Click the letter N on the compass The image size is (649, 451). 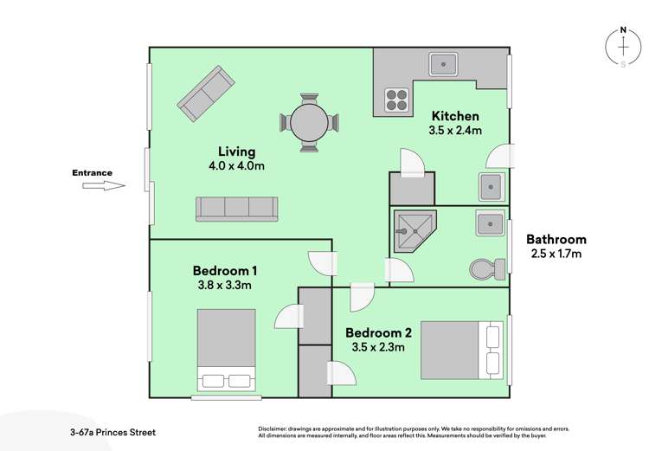click(x=622, y=32)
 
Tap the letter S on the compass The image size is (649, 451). click(x=622, y=63)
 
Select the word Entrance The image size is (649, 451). click(x=92, y=173)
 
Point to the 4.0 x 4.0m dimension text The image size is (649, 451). click(x=236, y=166)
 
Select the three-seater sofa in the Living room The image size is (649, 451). click(x=236, y=208)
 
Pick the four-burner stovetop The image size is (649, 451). click(x=396, y=101)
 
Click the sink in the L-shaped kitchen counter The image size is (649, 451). click(x=444, y=62)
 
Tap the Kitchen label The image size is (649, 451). click(x=455, y=116)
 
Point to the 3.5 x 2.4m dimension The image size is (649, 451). click(x=455, y=131)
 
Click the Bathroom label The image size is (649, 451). click(x=556, y=239)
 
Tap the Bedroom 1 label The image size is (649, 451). click(x=225, y=270)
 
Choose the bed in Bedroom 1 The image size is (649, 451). click(x=226, y=351)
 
